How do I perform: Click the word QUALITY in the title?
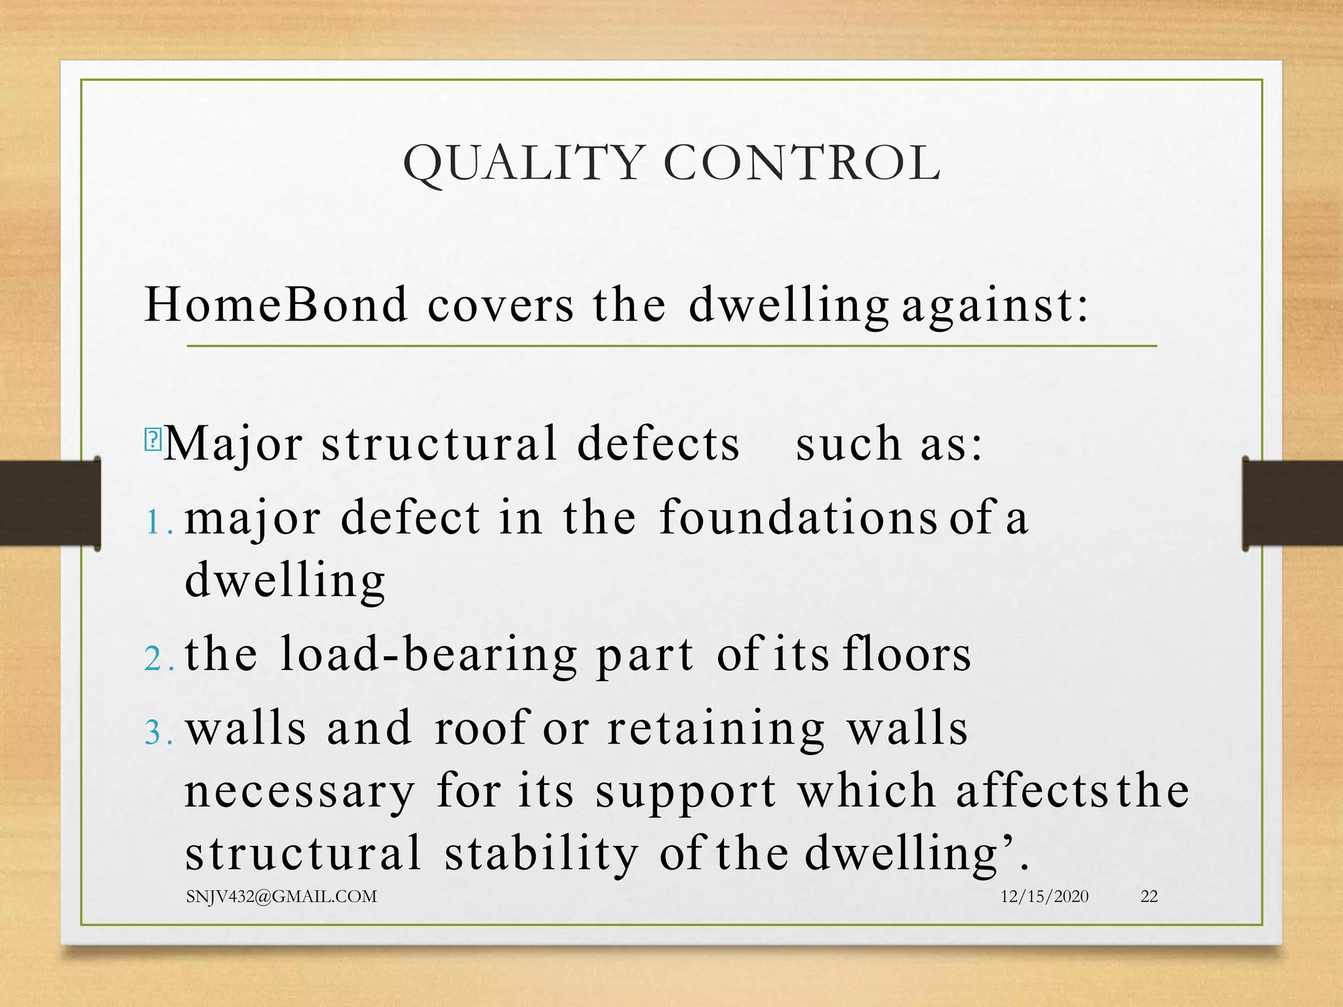(523, 163)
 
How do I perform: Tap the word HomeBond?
(275, 305)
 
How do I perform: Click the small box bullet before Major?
(152, 439)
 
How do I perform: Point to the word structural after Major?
(439, 443)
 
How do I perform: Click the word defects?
(658, 443)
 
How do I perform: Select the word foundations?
(797, 517)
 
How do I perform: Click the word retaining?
(715, 728)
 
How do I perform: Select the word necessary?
(300, 791)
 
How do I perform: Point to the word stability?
(541, 853)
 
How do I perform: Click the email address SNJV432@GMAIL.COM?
(281, 896)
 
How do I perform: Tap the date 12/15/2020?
(1044, 896)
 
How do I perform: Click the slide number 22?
(1149, 896)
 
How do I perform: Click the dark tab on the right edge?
(1292, 503)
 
